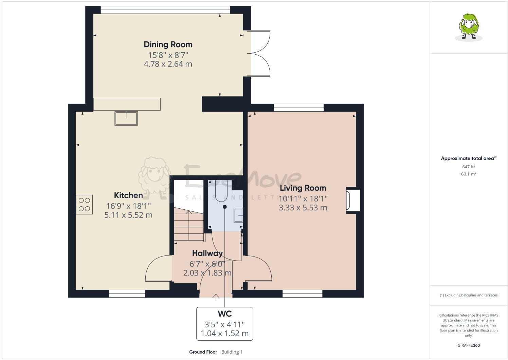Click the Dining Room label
[168, 44]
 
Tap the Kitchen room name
[128, 195]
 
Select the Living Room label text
[303, 188]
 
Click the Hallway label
[207, 253]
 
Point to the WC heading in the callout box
[224, 314]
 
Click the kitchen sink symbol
[126, 118]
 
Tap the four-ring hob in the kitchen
[84, 205]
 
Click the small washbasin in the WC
[238, 215]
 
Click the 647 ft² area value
[468, 167]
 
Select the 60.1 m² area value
[468, 174]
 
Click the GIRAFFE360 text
[469, 345]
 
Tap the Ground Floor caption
[203, 352]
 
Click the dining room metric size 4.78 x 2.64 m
[168, 64]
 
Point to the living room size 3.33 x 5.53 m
[303, 208]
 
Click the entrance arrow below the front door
[216, 298]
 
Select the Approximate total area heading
[468, 158]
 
